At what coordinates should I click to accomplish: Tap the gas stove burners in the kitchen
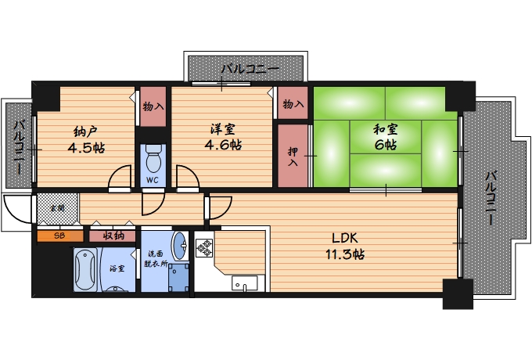click(204, 247)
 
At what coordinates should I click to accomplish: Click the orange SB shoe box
click(60, 236)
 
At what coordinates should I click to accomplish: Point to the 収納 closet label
click(113, 236)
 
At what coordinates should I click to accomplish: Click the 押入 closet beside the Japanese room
click(293, 156)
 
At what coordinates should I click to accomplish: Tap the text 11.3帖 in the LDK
click(345, 254)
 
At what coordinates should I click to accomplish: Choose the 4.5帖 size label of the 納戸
click(86, 148)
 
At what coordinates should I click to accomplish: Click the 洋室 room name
click(222, 129)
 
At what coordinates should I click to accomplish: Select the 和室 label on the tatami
click(386, 129)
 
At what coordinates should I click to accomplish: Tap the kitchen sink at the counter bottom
click(245, 283)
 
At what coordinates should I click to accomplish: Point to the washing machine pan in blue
click(179, 278)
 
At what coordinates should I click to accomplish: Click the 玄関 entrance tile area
click(58, 208)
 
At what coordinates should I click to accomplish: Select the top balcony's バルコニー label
click(250, 69)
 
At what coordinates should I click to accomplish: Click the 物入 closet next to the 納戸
click(153, 106)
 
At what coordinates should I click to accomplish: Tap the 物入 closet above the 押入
click(293, 103)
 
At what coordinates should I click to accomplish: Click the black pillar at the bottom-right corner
click(458, 293)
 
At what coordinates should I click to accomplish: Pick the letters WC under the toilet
click(153, 180)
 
